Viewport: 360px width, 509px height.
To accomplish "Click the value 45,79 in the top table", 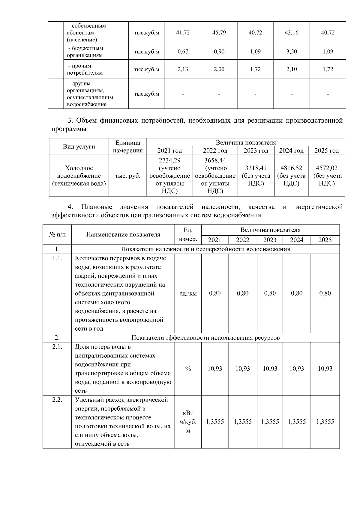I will point(219,33).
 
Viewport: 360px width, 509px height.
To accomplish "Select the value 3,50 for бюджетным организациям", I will point(291,52).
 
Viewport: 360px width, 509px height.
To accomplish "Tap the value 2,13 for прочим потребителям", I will point(183,69).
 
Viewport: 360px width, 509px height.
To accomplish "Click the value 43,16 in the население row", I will point(291,33).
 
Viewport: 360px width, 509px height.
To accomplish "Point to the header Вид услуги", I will point(79,147).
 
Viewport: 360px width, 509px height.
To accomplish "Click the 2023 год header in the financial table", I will point(256,150).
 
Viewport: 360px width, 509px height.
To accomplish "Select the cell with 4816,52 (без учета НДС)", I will point(291,175).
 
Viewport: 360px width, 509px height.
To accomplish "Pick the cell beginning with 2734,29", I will point(169,175).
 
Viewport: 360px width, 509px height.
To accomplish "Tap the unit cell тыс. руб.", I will point(127,176).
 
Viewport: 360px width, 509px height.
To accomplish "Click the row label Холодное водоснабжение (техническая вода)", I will point(79,176).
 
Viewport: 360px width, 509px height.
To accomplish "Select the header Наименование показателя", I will point(123,235).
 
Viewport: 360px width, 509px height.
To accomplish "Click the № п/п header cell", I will point(57,235).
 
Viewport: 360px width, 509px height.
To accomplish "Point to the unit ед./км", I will point(188,293).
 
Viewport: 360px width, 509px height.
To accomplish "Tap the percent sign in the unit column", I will point(188,369).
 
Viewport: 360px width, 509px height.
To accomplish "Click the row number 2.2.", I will point(57,400).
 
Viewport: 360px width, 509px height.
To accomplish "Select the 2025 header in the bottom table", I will point(325,240).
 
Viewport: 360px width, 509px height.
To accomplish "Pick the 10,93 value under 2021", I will point(214,369).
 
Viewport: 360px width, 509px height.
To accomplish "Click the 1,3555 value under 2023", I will point(270,422).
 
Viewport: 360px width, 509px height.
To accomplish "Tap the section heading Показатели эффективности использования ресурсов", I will point(205,338).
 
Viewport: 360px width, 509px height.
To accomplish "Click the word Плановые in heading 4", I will point(97,207).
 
